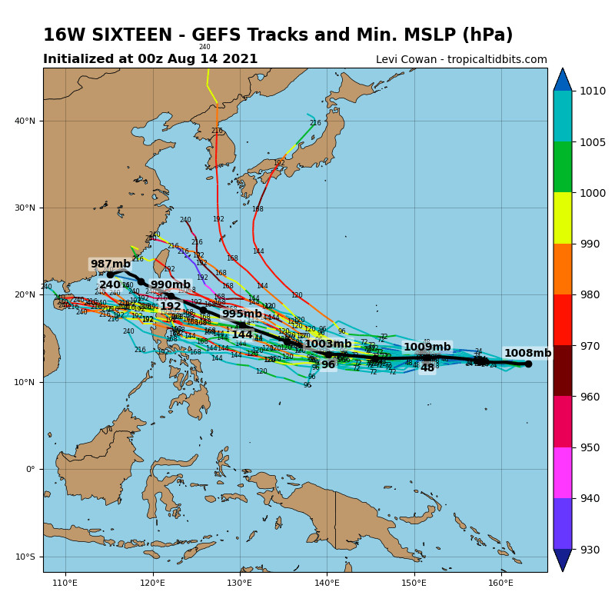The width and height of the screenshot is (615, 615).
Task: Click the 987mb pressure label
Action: click(x=111, y=264)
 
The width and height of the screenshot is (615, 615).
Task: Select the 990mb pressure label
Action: click(x=170, y=285)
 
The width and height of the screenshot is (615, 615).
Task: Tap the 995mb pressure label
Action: click(x=241, y=314)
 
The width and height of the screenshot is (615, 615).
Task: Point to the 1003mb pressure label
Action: click(x=327, y=344)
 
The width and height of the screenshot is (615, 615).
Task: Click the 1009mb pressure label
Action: click(x=427, y=347)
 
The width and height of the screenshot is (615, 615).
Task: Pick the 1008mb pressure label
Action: click(x=527, y=354)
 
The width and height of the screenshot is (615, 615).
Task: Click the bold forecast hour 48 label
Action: click(x=427, y=368)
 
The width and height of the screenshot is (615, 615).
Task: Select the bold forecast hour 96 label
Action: click(x=328, y=365)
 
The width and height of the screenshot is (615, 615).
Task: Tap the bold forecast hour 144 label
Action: click(x=241, y=335)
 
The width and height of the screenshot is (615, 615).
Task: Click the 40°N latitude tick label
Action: click(x=26, y=121)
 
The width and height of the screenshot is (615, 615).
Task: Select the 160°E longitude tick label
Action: click(x=502, y=583)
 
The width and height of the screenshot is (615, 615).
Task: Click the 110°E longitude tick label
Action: click(x=65, y=583)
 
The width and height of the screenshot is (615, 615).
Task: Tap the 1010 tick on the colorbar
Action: click(x=593, y=91)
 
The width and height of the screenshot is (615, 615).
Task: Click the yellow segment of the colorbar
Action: click(x=562, y=218)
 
